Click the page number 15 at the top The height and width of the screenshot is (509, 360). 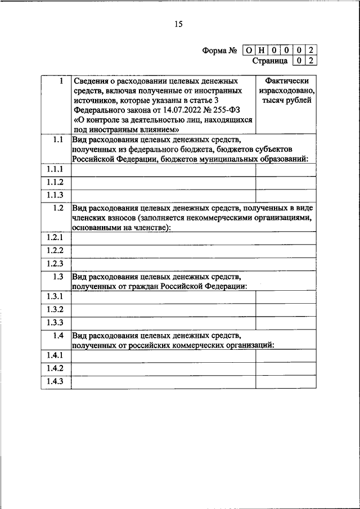click(178, 24)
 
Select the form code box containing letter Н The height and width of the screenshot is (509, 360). click(263, 51)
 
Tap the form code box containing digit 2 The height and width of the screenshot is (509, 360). click(312, 51)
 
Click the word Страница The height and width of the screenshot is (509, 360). click(269, 61)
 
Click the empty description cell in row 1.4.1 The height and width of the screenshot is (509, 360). click(163, 356)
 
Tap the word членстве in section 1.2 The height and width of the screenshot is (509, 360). click(151, 228)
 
